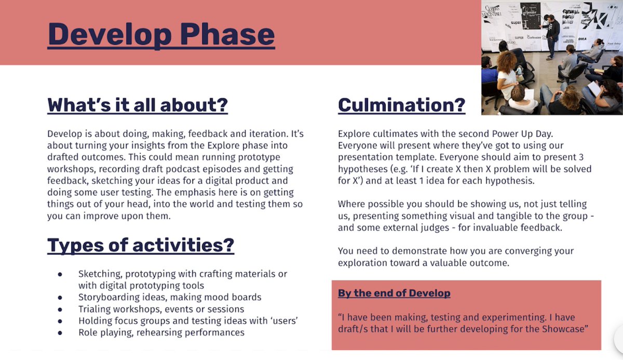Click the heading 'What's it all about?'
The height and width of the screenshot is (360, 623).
coord(138,105)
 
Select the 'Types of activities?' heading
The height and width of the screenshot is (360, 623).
coord(141,245)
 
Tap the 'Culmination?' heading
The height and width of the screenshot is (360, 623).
coord(401,105)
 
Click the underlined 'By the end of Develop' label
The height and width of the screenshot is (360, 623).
coord(394,293)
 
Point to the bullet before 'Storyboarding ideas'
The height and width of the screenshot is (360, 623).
coord(60,298)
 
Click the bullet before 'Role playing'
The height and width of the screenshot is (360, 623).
coord(60,332)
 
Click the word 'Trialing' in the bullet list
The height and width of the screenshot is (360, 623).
coord(96,309)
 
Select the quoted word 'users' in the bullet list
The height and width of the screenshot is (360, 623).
coord(282,321)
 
